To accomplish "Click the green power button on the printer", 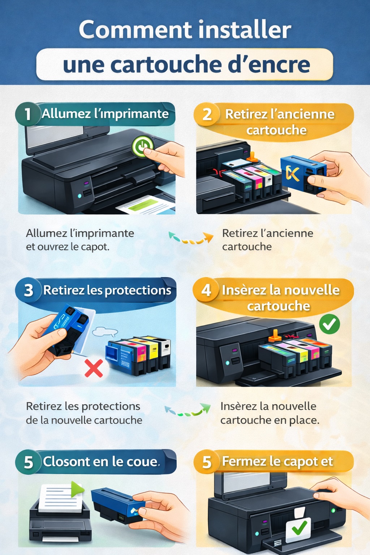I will pos(143,146).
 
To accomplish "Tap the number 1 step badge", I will pos(27,114).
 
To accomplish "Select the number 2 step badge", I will pos(207,115).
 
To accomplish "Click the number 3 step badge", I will pos(28,290).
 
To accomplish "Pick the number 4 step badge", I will pos(206,290).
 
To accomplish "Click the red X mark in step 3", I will pos(94,367).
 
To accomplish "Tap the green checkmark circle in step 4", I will pos(329,324).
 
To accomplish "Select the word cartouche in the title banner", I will pos(166,65).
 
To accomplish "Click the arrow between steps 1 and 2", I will pos(191,238).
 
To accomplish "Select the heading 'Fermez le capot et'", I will pos(277,461).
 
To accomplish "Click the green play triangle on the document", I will pos(77,489).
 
